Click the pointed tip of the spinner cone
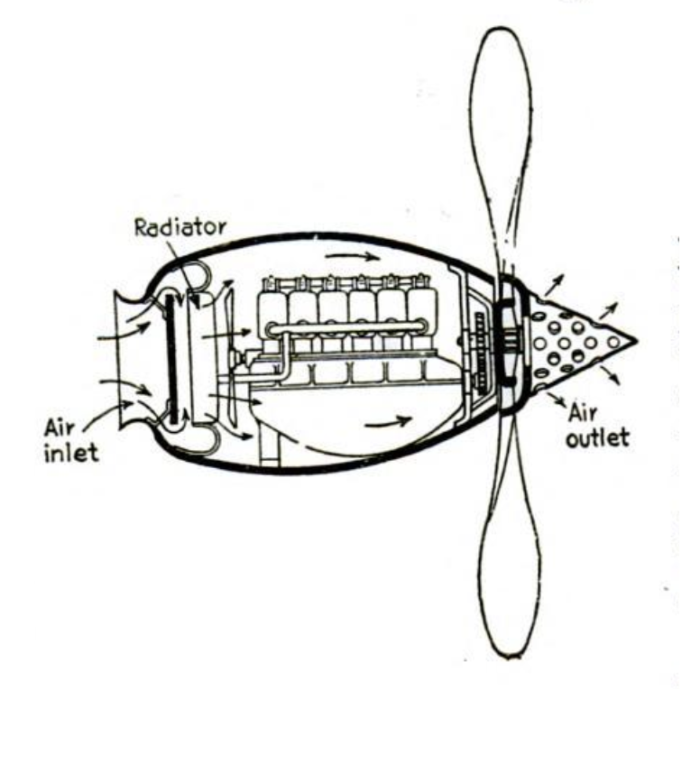point(636,341)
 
